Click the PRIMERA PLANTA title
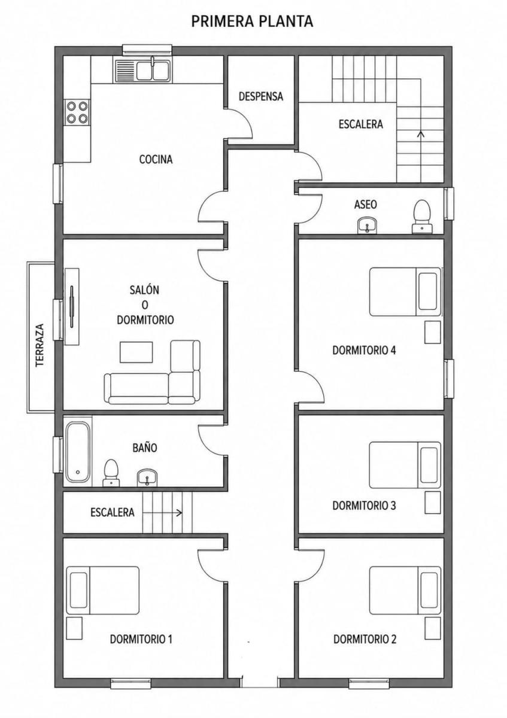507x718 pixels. [x=252, y=21]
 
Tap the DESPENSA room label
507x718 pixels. [x=261, y=96]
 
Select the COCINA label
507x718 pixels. [x=156, y=159]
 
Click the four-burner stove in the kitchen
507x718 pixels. [x=77, y=112]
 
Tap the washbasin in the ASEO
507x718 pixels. [x=367, y=226]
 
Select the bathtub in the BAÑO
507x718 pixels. [x=78, y=452]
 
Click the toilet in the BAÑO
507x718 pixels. [x=111, y=473]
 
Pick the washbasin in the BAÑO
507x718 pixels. [x=147, y=477]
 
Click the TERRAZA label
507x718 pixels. [x=40, y=346]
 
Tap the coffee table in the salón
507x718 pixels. [x=136, y=352]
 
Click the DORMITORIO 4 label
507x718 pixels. [x=364, y=351]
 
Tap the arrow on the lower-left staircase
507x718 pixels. [x=162, y=513]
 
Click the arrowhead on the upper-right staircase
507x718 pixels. [x=420, y=133]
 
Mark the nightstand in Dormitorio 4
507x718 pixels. [x=433, y=333]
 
